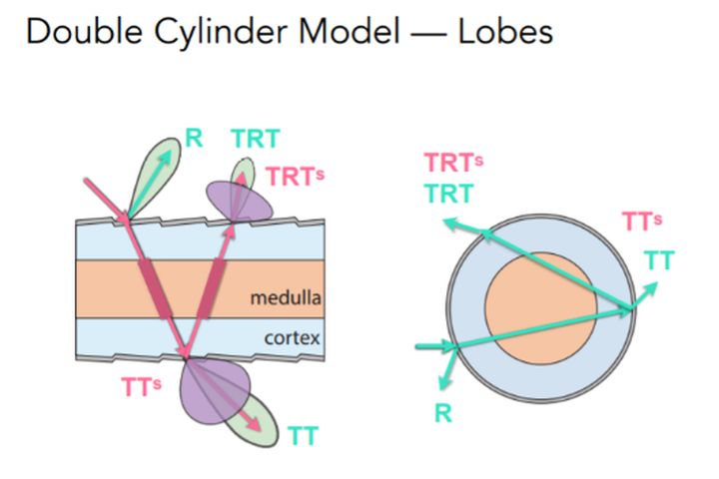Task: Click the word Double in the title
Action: (x=76, y=32)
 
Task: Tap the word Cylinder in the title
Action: (x=200, y=32)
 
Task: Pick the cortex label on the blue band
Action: (x=292, y=337)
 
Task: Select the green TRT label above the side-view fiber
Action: (x=255, y=139)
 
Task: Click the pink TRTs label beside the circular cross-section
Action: (x=453, y=163)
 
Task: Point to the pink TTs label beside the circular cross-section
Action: (x=642, y=222)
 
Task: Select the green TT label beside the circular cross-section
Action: (x=658, y=260)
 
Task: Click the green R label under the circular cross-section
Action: (x=442, y=412)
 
